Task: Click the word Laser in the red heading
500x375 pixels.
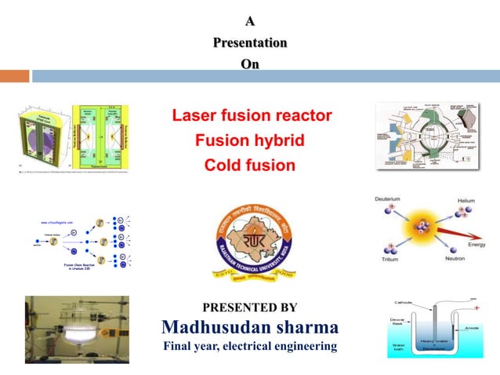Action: click(194, 117)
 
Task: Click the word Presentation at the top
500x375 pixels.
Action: click(250, 42)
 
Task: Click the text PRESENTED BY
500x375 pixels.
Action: click(250, 307)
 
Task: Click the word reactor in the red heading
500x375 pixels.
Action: click(303, 117)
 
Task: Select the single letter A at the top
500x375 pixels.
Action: click(250, 21)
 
